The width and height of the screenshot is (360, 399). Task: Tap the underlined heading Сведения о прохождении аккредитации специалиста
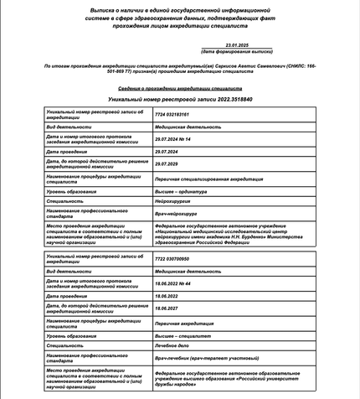pos(179,87)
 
